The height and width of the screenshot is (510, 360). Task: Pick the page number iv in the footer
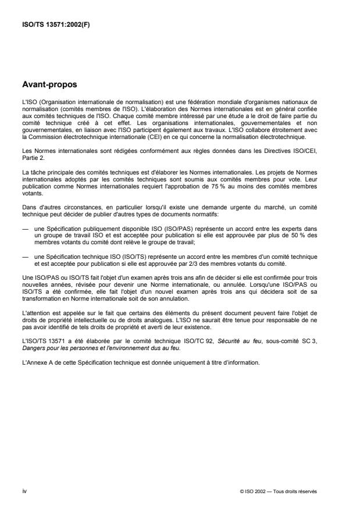click(24, 491)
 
